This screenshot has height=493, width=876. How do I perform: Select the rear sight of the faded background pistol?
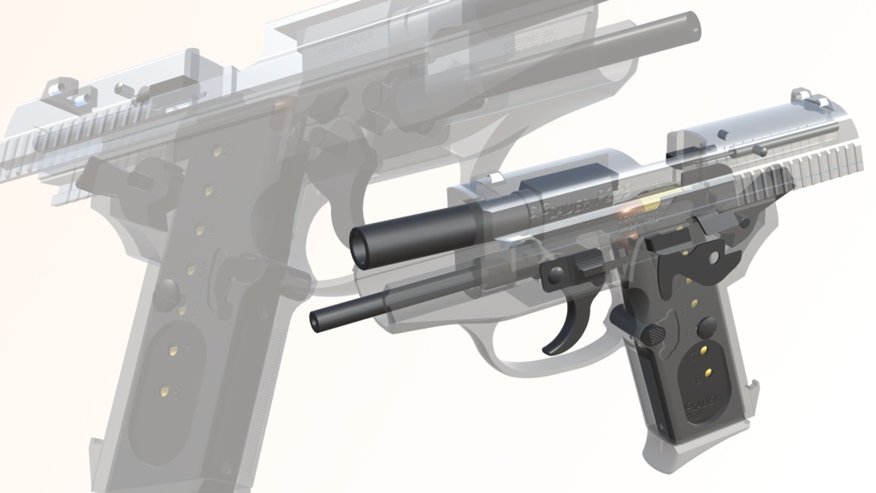tap(64, 90)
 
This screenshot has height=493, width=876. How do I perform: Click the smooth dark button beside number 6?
tap(707, 327)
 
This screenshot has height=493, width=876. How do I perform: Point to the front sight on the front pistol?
tap(495, 177)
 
